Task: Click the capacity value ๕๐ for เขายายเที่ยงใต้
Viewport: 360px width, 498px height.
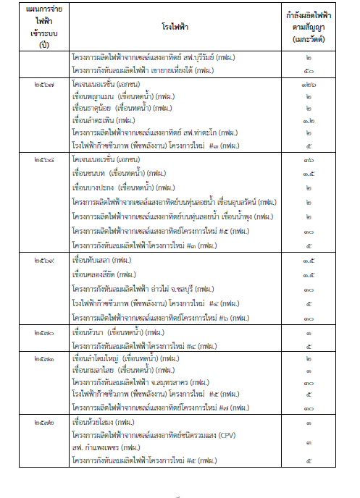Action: coord(309,70)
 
